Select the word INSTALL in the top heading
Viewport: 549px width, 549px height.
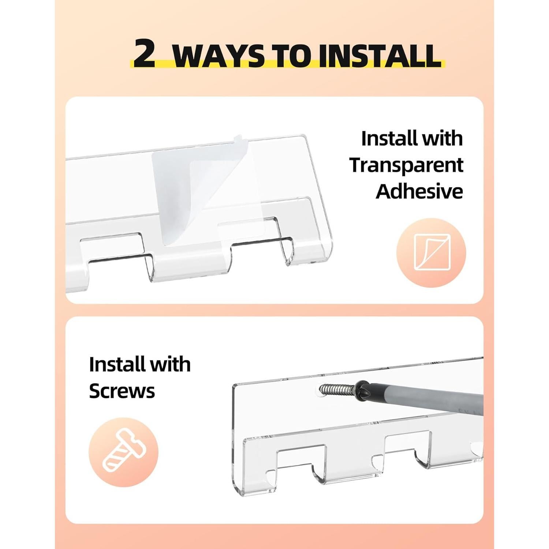coord(379,56)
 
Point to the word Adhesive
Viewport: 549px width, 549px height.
coord(419,191)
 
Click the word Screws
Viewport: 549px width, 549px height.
coord(122,391)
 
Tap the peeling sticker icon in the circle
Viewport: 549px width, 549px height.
coord(431,253)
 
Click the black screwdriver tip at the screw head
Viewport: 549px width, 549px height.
coord(363,387)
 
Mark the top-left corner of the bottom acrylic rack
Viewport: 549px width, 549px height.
coord(233,385)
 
